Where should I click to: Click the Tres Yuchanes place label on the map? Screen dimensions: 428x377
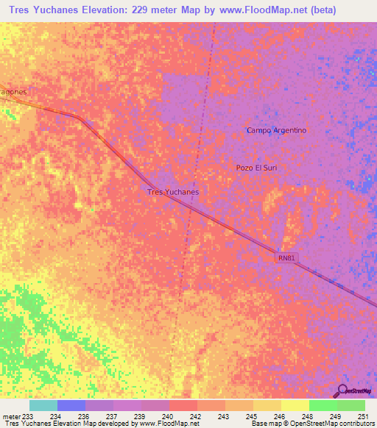[x=173, y=192]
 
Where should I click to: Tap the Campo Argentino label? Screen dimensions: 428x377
[x=276, y=130]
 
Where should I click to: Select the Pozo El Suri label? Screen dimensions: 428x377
[x=256, y=168]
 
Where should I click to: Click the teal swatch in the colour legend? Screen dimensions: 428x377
[x=43, y=405]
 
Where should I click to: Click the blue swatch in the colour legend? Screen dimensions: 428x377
[x=71, y=405]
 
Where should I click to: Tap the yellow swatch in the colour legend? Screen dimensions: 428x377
[x=295, y=405]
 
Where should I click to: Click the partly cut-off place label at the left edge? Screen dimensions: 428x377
[x=13, y=92]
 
